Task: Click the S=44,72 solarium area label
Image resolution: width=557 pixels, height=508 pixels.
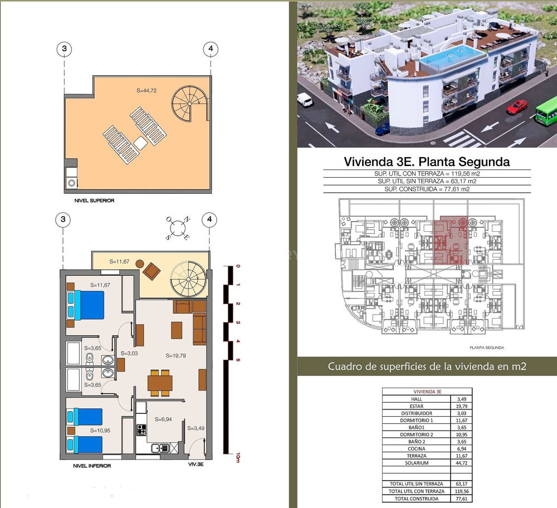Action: (146, 91)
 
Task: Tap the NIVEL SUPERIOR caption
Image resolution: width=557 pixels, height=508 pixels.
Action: (95, 201)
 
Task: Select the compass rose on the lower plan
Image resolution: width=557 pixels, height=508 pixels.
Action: (178, 228)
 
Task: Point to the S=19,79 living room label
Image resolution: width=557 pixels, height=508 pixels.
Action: (175, 355)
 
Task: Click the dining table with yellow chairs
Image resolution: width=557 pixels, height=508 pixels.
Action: (160, 383)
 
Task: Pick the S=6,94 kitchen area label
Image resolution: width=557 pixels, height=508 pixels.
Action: (163, 419)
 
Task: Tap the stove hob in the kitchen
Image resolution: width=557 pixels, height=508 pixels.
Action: (141, 430)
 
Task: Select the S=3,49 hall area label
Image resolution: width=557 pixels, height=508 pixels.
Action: (196, 428)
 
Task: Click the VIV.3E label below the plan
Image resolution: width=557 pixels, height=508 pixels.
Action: (196, 464)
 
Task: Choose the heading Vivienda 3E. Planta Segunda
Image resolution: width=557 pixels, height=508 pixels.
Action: (427, 162)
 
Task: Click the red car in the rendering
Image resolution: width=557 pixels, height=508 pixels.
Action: (517, 106)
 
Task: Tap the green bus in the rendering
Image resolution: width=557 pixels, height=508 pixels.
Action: (546, 111)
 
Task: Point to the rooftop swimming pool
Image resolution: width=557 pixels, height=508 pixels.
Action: (452, 57)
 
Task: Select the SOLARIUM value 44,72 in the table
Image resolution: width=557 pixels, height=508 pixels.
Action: (461, 463)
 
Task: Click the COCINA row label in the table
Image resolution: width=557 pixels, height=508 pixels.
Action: (416, 448)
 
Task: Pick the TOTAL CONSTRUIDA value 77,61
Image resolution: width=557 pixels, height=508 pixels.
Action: (461, 499)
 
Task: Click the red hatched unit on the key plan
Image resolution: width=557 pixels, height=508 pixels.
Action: (450, 240)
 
